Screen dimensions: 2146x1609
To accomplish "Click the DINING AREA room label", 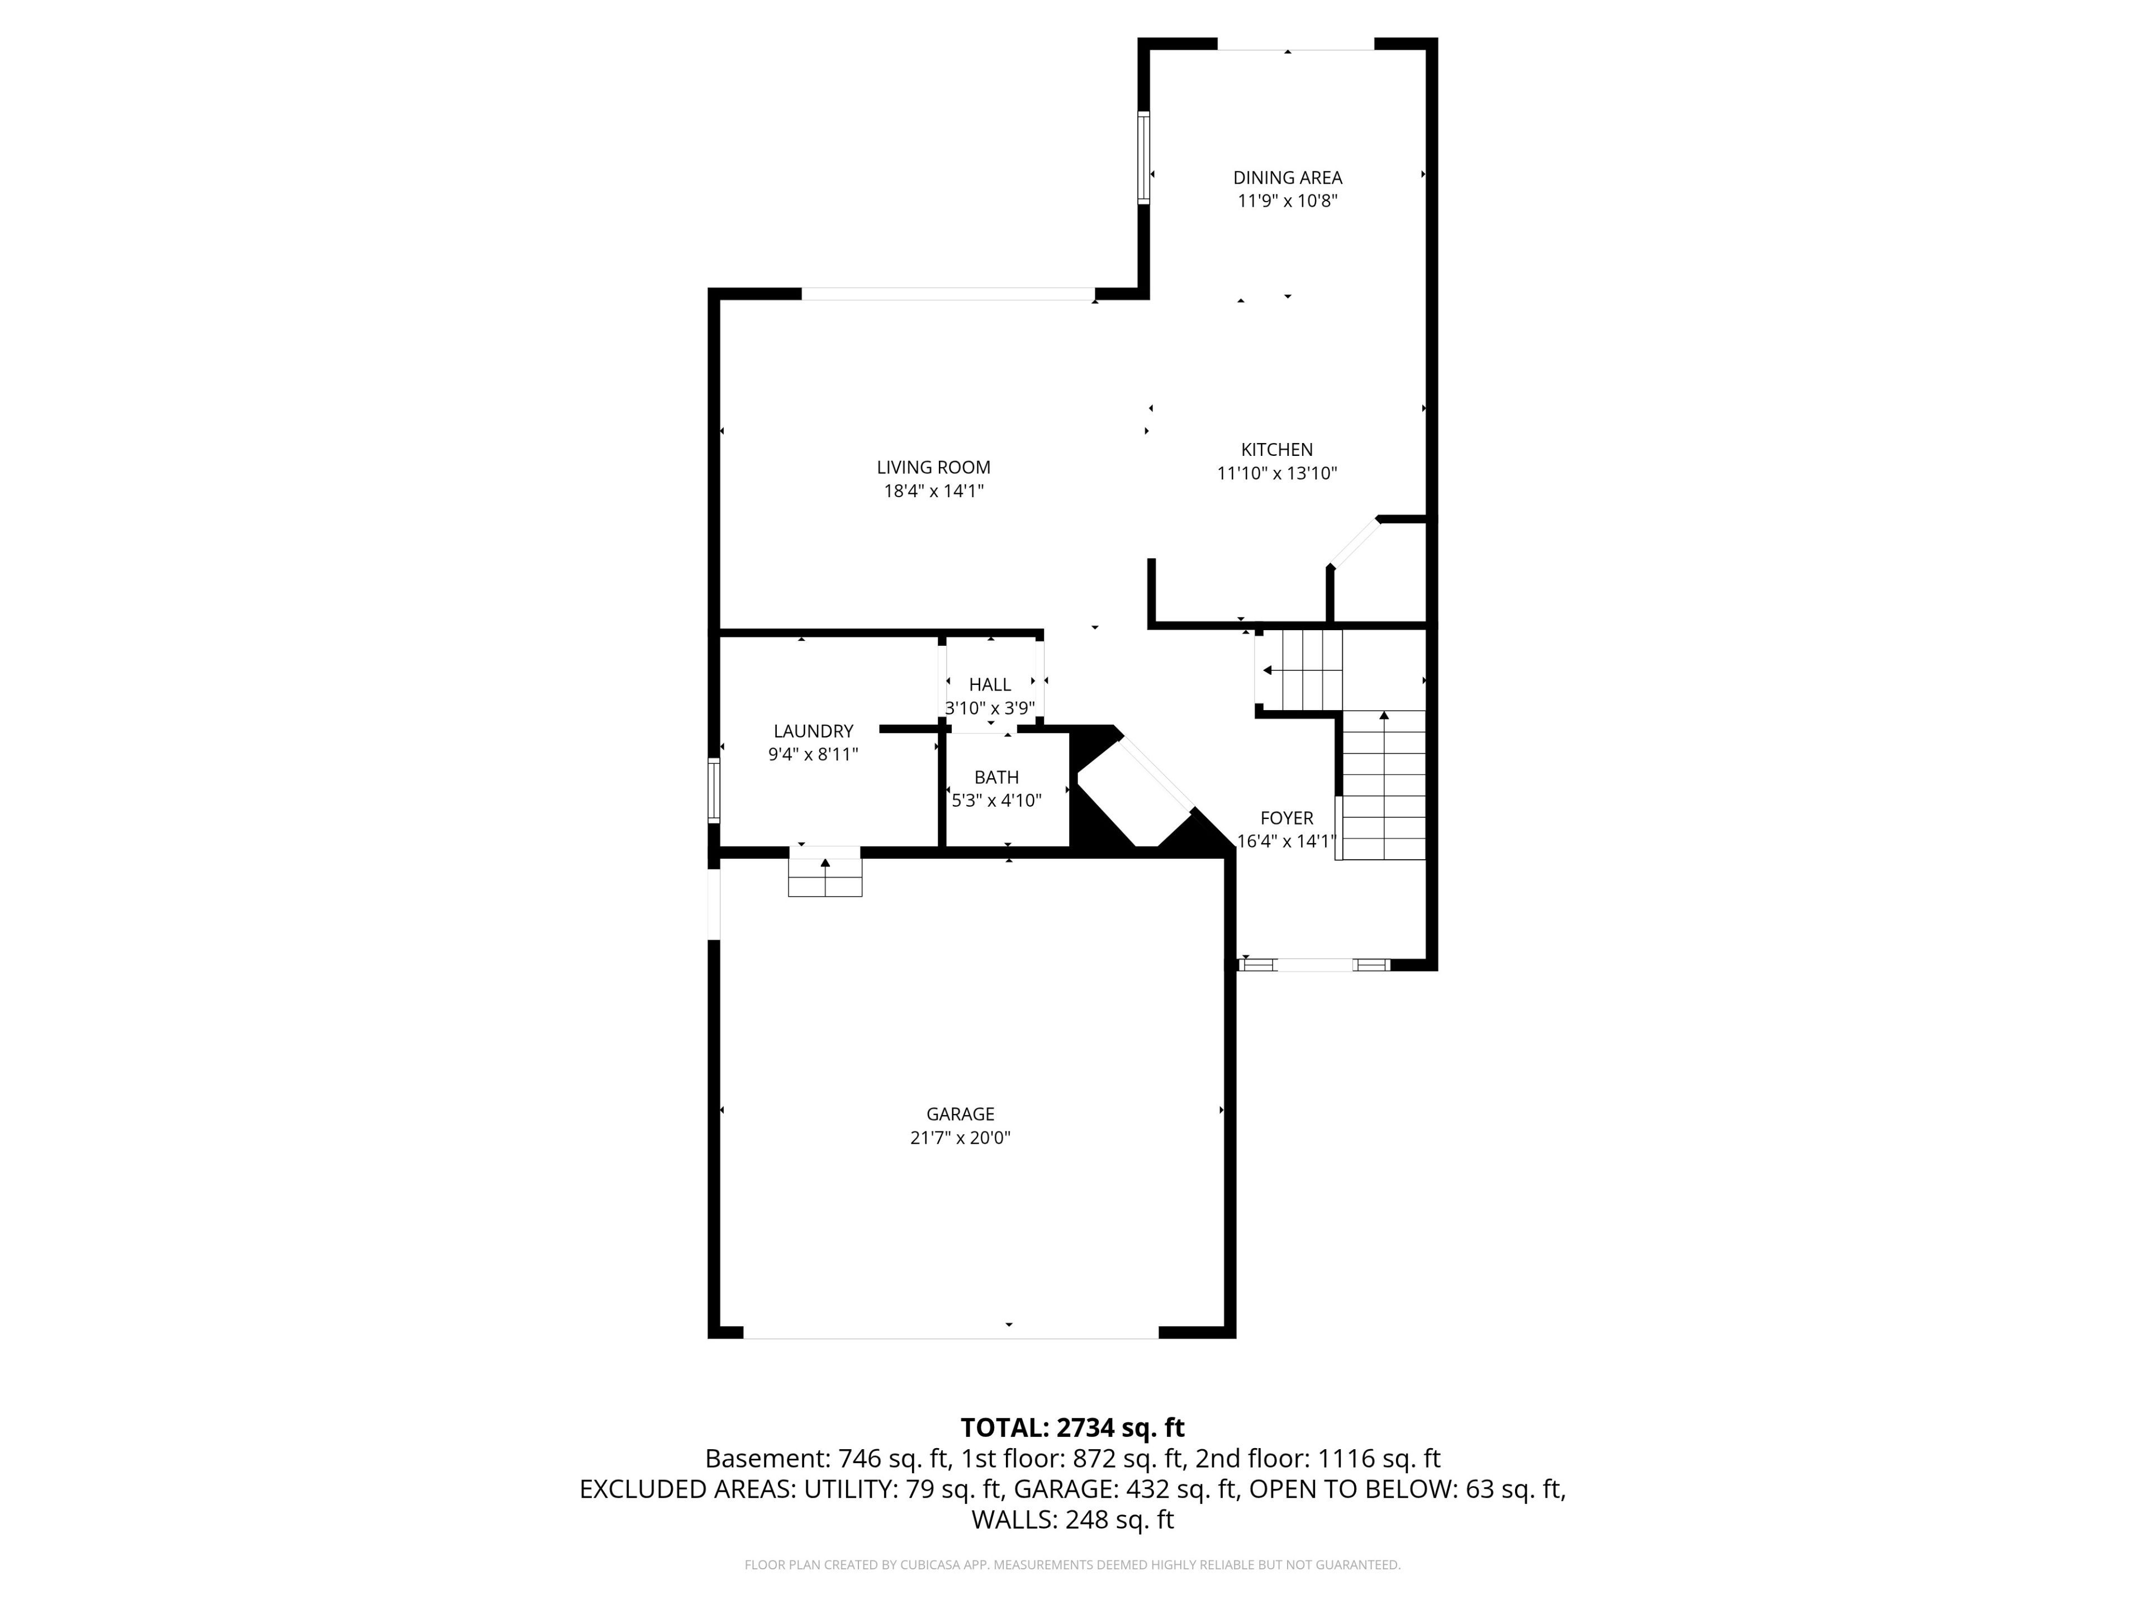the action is point(1288,178).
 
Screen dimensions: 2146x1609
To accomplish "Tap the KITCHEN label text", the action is point(1277,450).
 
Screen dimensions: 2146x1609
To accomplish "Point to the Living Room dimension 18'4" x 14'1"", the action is point(933,491).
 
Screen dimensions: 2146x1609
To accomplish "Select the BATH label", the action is point(996,777).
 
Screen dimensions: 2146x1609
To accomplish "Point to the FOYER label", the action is point(1286,817).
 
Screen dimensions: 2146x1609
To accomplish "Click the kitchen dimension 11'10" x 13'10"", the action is point(1277,473).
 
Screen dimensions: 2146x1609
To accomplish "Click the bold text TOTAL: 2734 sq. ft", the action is point(1072,1427).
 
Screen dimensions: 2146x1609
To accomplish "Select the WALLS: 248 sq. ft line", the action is point(1072,1520).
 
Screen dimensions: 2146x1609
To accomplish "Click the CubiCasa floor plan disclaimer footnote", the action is point(1072,1564).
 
